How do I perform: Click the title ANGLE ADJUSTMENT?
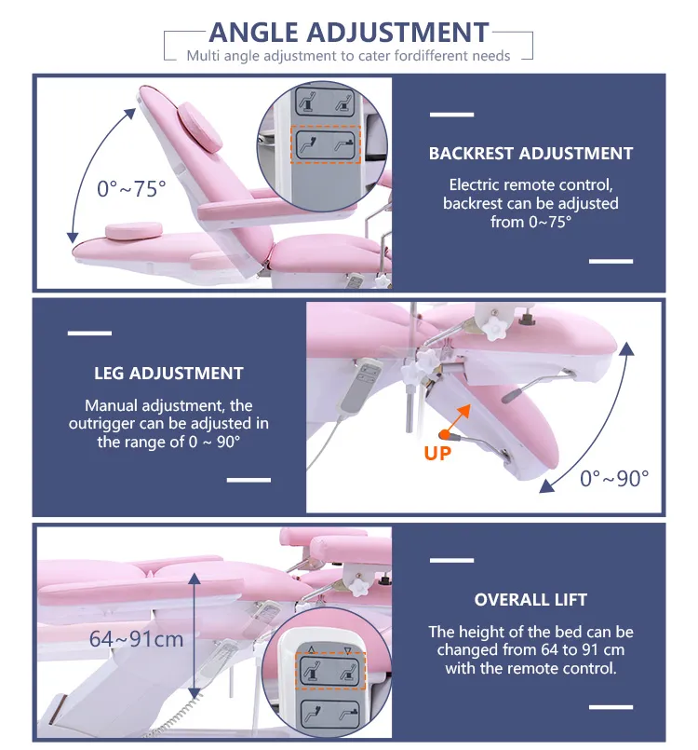click(x=349, y=33)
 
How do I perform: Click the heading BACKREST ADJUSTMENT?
click(x=530, y=154)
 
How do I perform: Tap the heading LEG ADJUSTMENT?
click(x=168, y=374)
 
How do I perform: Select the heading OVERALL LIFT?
click(x=530, y=600)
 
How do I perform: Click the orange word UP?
click(x=438, y=455)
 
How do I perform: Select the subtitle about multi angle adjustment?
click(x=349, y=56)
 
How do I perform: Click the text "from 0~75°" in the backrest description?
click(x=530, y=222)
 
